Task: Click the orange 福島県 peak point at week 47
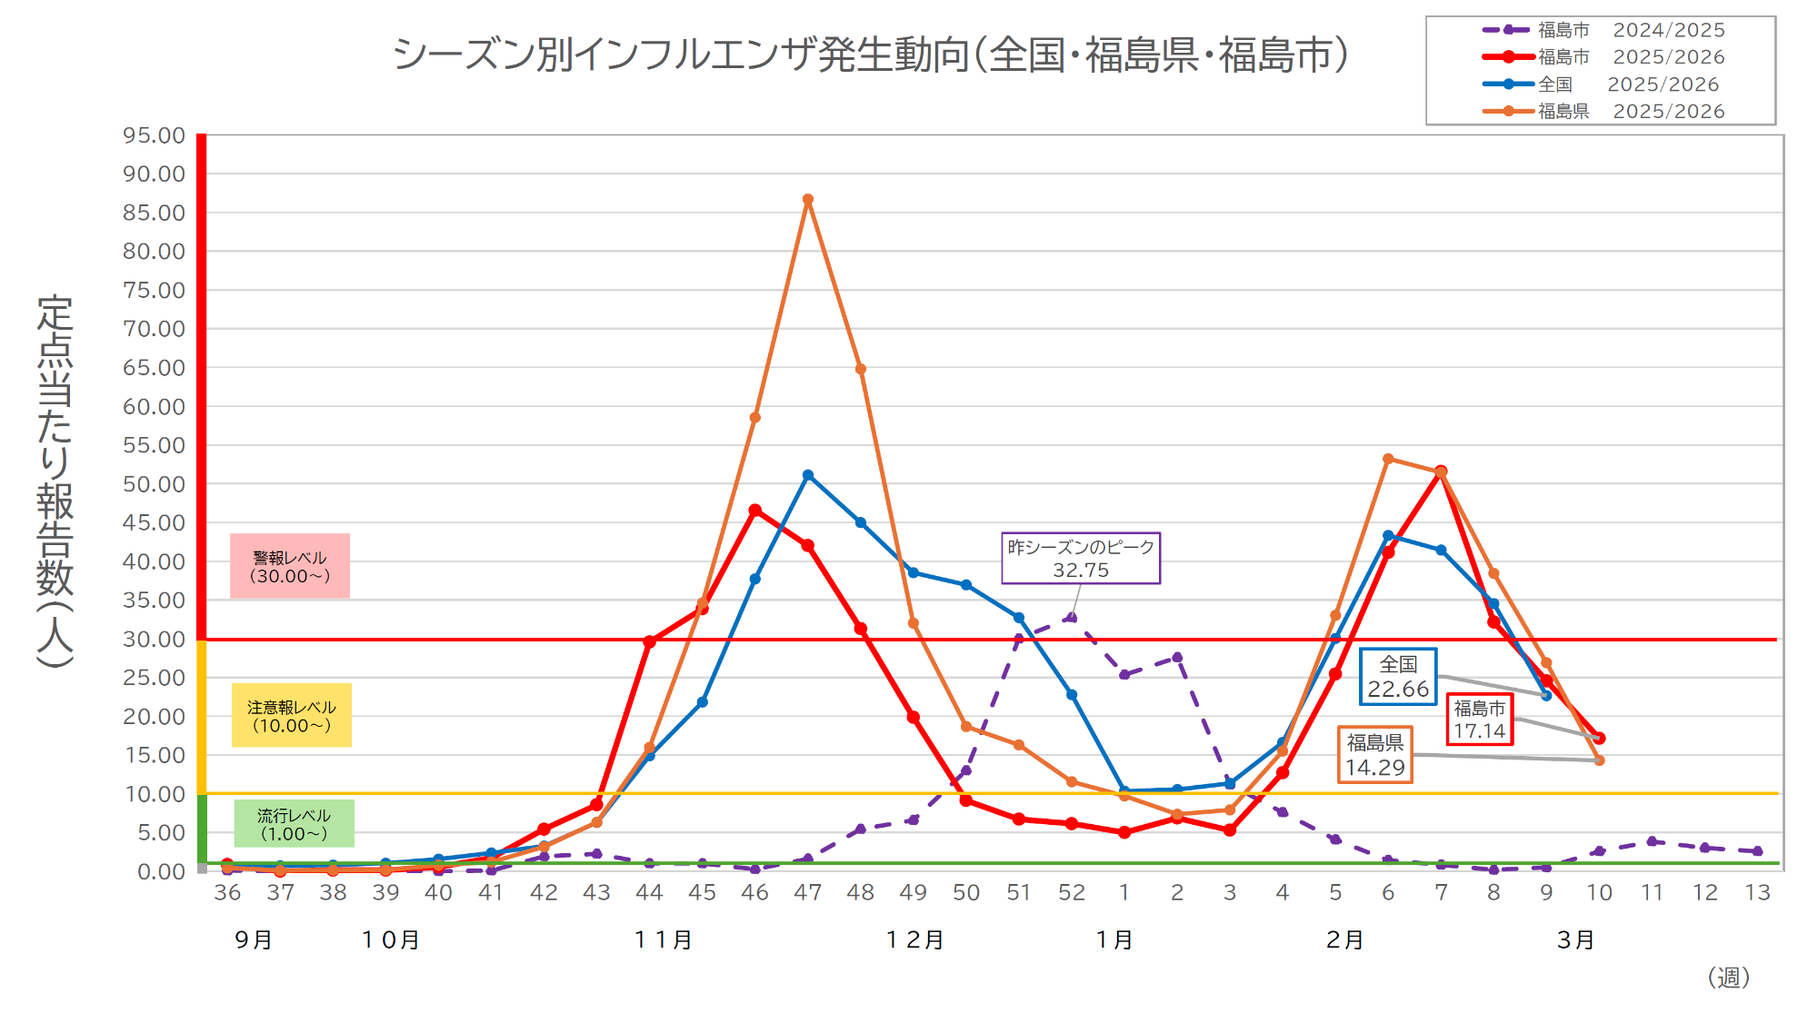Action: tap(807, 200)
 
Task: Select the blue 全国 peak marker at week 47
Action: tap(807, 475)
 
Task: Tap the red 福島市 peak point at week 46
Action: tap(754, 511)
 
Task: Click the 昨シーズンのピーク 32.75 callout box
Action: tap(1080, 558)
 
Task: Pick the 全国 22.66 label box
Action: tap(1397, 677)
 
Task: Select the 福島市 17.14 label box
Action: tap(1479, 720)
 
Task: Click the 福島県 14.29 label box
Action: tap(1374, 755)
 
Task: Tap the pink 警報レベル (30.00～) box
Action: tap(289, 566)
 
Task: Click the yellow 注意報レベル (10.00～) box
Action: tap(291, 716)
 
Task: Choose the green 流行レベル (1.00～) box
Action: tap(293, 824)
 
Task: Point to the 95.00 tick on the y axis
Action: tap(154, 135)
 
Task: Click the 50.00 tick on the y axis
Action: tap(154, 484)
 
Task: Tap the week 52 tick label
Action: tap(1071, 893)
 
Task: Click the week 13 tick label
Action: tap(1757, 893)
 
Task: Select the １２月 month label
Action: tap(914, 940)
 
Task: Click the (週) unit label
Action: tap(1728, 978)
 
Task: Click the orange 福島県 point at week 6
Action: tap(1388, 460)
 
